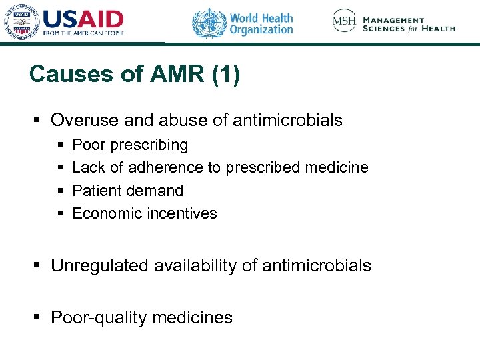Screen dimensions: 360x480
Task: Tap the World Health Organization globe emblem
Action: [209, 23]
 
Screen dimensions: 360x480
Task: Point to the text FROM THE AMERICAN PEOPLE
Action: [83, 33]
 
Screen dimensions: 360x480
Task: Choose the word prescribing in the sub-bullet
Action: [153, 145]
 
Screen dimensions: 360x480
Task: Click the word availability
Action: [195, 265]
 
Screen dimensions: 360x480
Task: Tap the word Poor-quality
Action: [99, 317]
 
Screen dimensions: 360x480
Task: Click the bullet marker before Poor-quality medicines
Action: [38, 318]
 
